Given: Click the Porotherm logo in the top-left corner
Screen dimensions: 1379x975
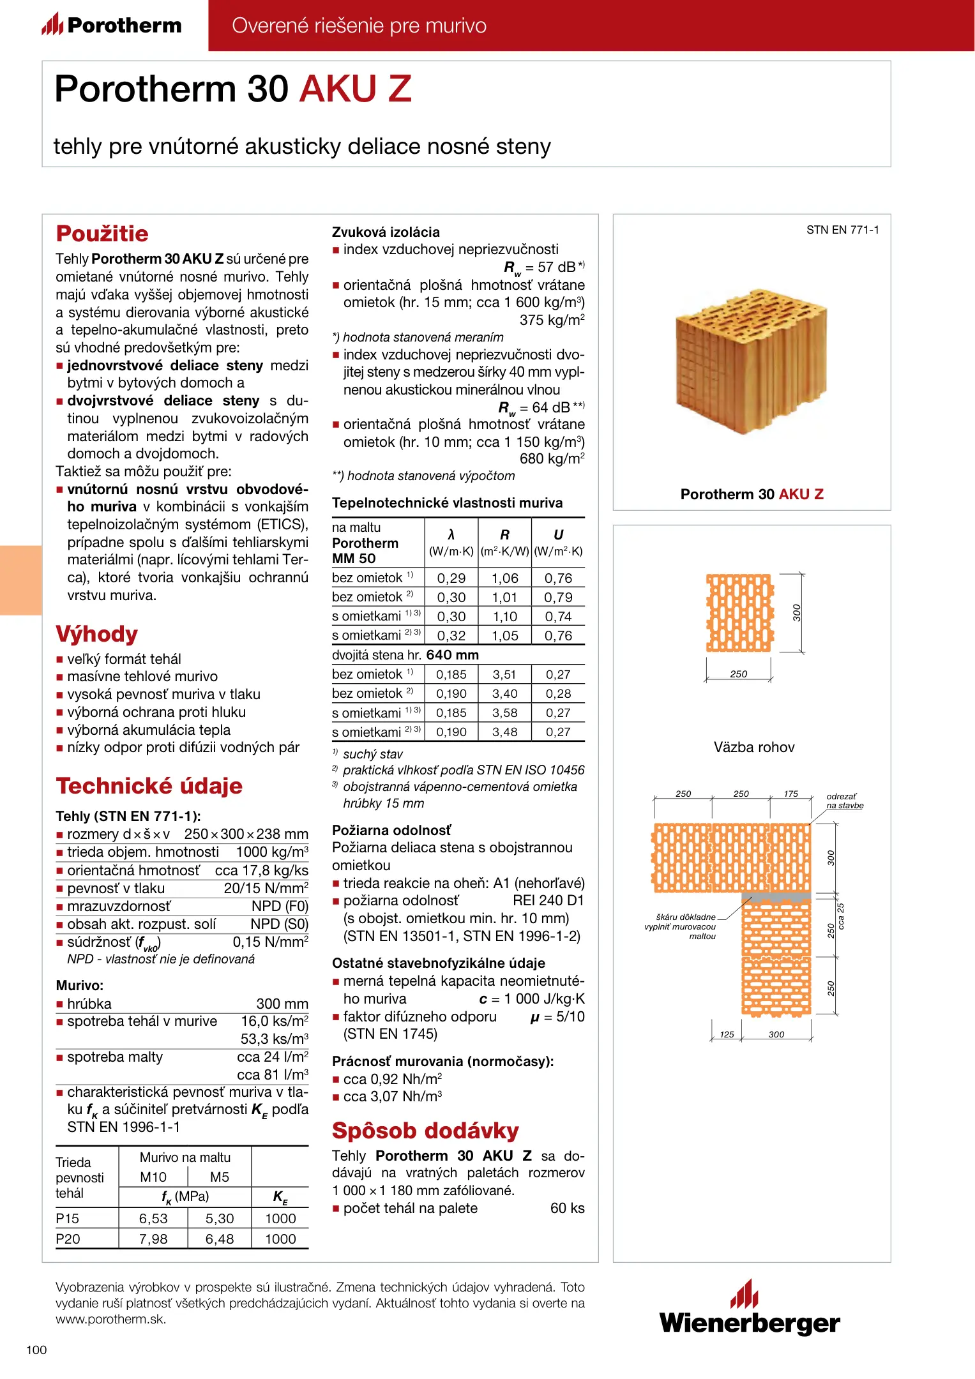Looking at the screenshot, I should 112,25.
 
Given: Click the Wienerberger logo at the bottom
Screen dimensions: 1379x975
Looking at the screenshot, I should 750,1309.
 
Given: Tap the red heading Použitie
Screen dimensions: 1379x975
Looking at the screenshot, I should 102,234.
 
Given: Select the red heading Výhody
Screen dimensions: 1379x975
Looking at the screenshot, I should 97,634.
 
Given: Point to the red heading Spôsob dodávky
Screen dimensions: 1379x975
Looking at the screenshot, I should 425,1131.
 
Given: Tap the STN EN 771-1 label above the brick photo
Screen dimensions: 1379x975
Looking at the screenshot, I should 842,230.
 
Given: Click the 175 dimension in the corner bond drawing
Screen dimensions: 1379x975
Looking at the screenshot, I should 790,794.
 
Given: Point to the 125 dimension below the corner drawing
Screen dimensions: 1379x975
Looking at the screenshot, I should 727,1034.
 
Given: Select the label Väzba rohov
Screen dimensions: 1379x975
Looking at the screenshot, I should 754,747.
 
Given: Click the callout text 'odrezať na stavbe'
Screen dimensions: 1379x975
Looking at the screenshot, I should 844,801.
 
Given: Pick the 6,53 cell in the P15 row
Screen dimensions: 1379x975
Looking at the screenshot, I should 153,1218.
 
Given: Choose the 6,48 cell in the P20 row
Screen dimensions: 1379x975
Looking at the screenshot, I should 220,1239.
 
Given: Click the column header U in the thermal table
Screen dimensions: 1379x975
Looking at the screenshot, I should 558,535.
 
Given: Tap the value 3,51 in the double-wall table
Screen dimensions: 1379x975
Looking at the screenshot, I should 504,674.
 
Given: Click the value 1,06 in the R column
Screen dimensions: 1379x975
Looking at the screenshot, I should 504,578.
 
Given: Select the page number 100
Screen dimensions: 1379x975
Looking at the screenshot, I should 36,1350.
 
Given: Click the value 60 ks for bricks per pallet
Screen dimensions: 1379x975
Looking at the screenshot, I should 567,1208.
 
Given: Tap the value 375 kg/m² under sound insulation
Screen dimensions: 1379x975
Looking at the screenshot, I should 552,320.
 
